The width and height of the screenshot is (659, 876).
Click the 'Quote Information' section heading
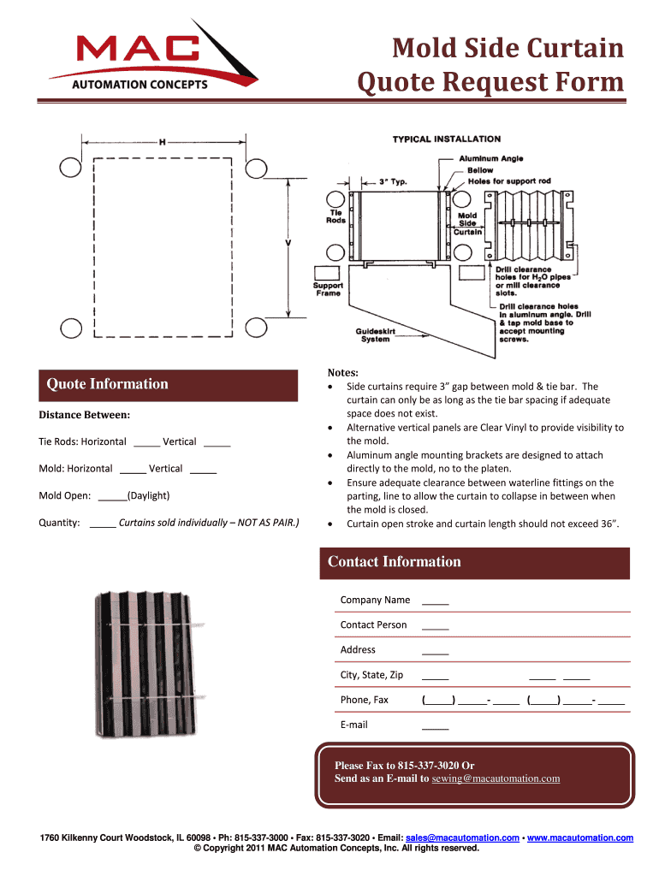107,384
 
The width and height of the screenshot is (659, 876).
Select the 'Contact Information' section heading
395,562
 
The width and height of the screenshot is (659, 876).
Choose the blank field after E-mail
436,725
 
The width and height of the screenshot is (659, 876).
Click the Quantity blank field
103,524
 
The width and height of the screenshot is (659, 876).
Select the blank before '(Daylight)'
112,496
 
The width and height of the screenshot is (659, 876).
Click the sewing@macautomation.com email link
496,778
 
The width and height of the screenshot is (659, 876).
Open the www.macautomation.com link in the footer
581,838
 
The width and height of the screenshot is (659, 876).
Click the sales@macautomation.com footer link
462,838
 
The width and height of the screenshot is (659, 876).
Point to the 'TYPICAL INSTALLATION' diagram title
447,139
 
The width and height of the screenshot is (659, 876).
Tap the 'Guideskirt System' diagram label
375,334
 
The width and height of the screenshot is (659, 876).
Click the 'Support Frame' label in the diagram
328,289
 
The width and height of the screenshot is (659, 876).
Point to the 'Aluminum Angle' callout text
491,158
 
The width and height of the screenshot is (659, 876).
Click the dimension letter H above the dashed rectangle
162,142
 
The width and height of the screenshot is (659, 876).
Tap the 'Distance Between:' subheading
84,415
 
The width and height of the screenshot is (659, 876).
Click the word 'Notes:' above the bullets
342,373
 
